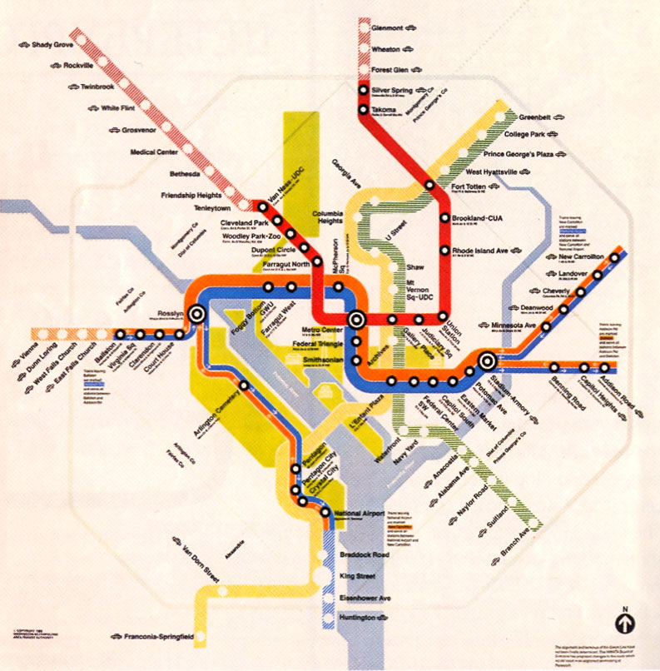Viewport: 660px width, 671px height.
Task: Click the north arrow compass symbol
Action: (x=623, y=622)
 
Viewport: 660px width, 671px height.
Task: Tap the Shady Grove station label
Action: (x=52, y=44)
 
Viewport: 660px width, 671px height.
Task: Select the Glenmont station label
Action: (x=390, y=27)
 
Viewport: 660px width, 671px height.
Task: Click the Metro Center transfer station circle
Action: (x=357, y=318)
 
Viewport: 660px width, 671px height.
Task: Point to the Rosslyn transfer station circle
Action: (x=197, y=315)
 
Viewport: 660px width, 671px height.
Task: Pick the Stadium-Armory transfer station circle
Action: (x=486, y=361)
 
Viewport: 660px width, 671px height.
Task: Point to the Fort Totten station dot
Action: (x=429, y=185)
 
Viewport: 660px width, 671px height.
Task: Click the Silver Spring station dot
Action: (x=365, y=90)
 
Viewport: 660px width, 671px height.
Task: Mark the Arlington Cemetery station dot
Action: (x=243, y=385)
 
